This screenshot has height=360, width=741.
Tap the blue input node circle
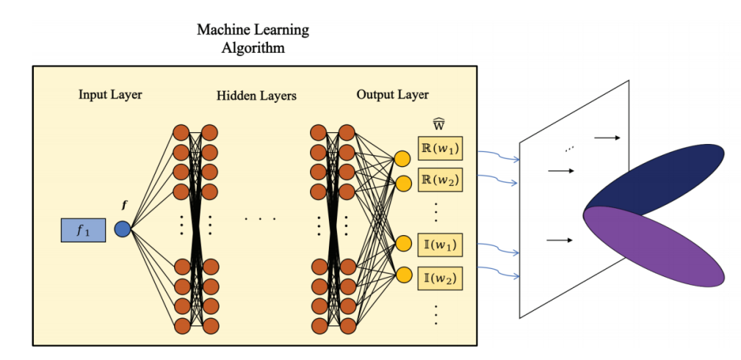[x=123, y=229]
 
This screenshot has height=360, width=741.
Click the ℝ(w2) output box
[x=440, y=179]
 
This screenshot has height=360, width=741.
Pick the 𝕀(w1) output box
[x=440, y=244]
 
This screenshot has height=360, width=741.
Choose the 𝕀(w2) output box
[x=440, y=278]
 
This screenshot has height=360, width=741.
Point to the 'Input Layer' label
[x=110, y=95]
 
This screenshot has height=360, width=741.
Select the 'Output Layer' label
[x=392, y=95]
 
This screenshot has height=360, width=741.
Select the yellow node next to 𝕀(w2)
[x=402, y=276]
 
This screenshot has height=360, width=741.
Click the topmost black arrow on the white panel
[x=607, y=137]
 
